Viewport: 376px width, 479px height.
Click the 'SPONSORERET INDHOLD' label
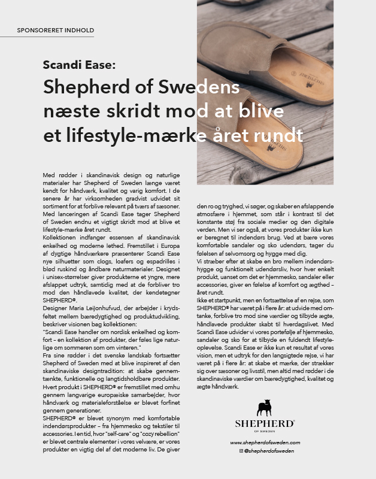56,29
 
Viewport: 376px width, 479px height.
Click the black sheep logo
265,408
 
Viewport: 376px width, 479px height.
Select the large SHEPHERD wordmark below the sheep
265,423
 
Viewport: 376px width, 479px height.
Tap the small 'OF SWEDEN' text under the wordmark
265,431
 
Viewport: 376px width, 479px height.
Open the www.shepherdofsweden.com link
265,442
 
